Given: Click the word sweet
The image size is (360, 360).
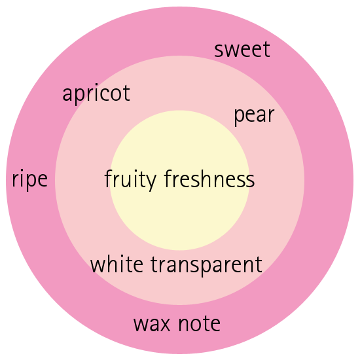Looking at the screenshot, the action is coord(242,49).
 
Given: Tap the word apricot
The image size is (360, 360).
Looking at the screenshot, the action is coord(96,94).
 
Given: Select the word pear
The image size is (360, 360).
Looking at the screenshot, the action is coord(254,116).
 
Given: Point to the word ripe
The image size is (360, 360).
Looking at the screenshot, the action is coord(30,179).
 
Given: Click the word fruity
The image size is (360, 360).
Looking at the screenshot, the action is coord(130,180).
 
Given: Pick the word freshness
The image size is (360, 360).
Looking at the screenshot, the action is coord(209,179).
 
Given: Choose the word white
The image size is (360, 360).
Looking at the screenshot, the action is coord(117,264).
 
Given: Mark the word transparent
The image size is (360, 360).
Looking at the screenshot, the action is coord(206,266).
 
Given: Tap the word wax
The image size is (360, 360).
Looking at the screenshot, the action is coord(152,324).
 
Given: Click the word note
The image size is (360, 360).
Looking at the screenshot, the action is coord(200,323).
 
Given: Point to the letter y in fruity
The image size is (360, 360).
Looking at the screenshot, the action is coord(150,182).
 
